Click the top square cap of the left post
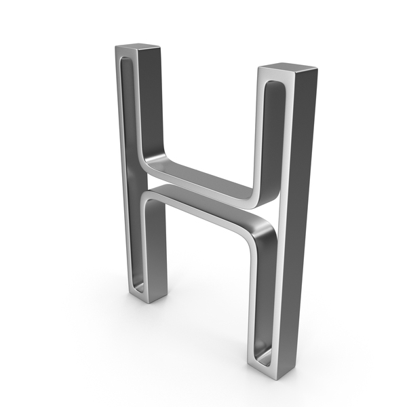tap(138, 46)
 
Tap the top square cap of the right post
tap(288, 66)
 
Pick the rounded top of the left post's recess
tap(126, 60)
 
